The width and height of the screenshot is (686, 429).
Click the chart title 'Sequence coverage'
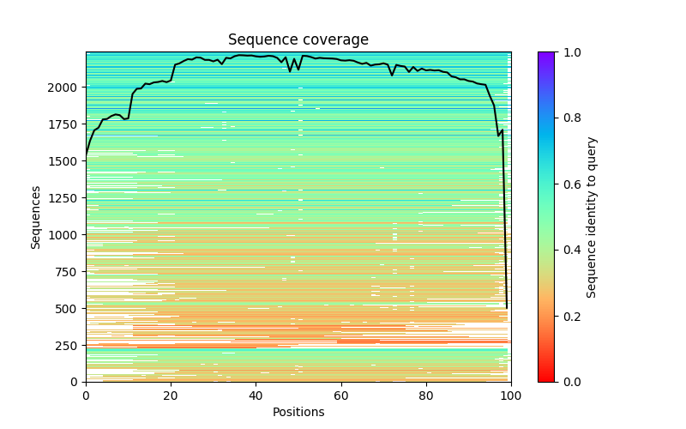pyautogui.click(x=298, y=40)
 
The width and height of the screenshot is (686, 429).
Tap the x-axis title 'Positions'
pyautogui.click(x=298, y=412)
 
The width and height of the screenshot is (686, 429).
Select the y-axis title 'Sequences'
pyautogui.click(x=36, y=216)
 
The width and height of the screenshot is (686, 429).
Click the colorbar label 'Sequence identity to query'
pyautogui.click(x=592, y=217)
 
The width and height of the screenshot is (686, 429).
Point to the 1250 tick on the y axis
pyautogui.click(x=62, y=197)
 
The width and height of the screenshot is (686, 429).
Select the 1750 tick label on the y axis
pyautogui.click(x=62, y=124)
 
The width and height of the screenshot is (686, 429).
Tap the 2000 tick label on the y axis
pyautogui.click(x=62, y=88)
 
